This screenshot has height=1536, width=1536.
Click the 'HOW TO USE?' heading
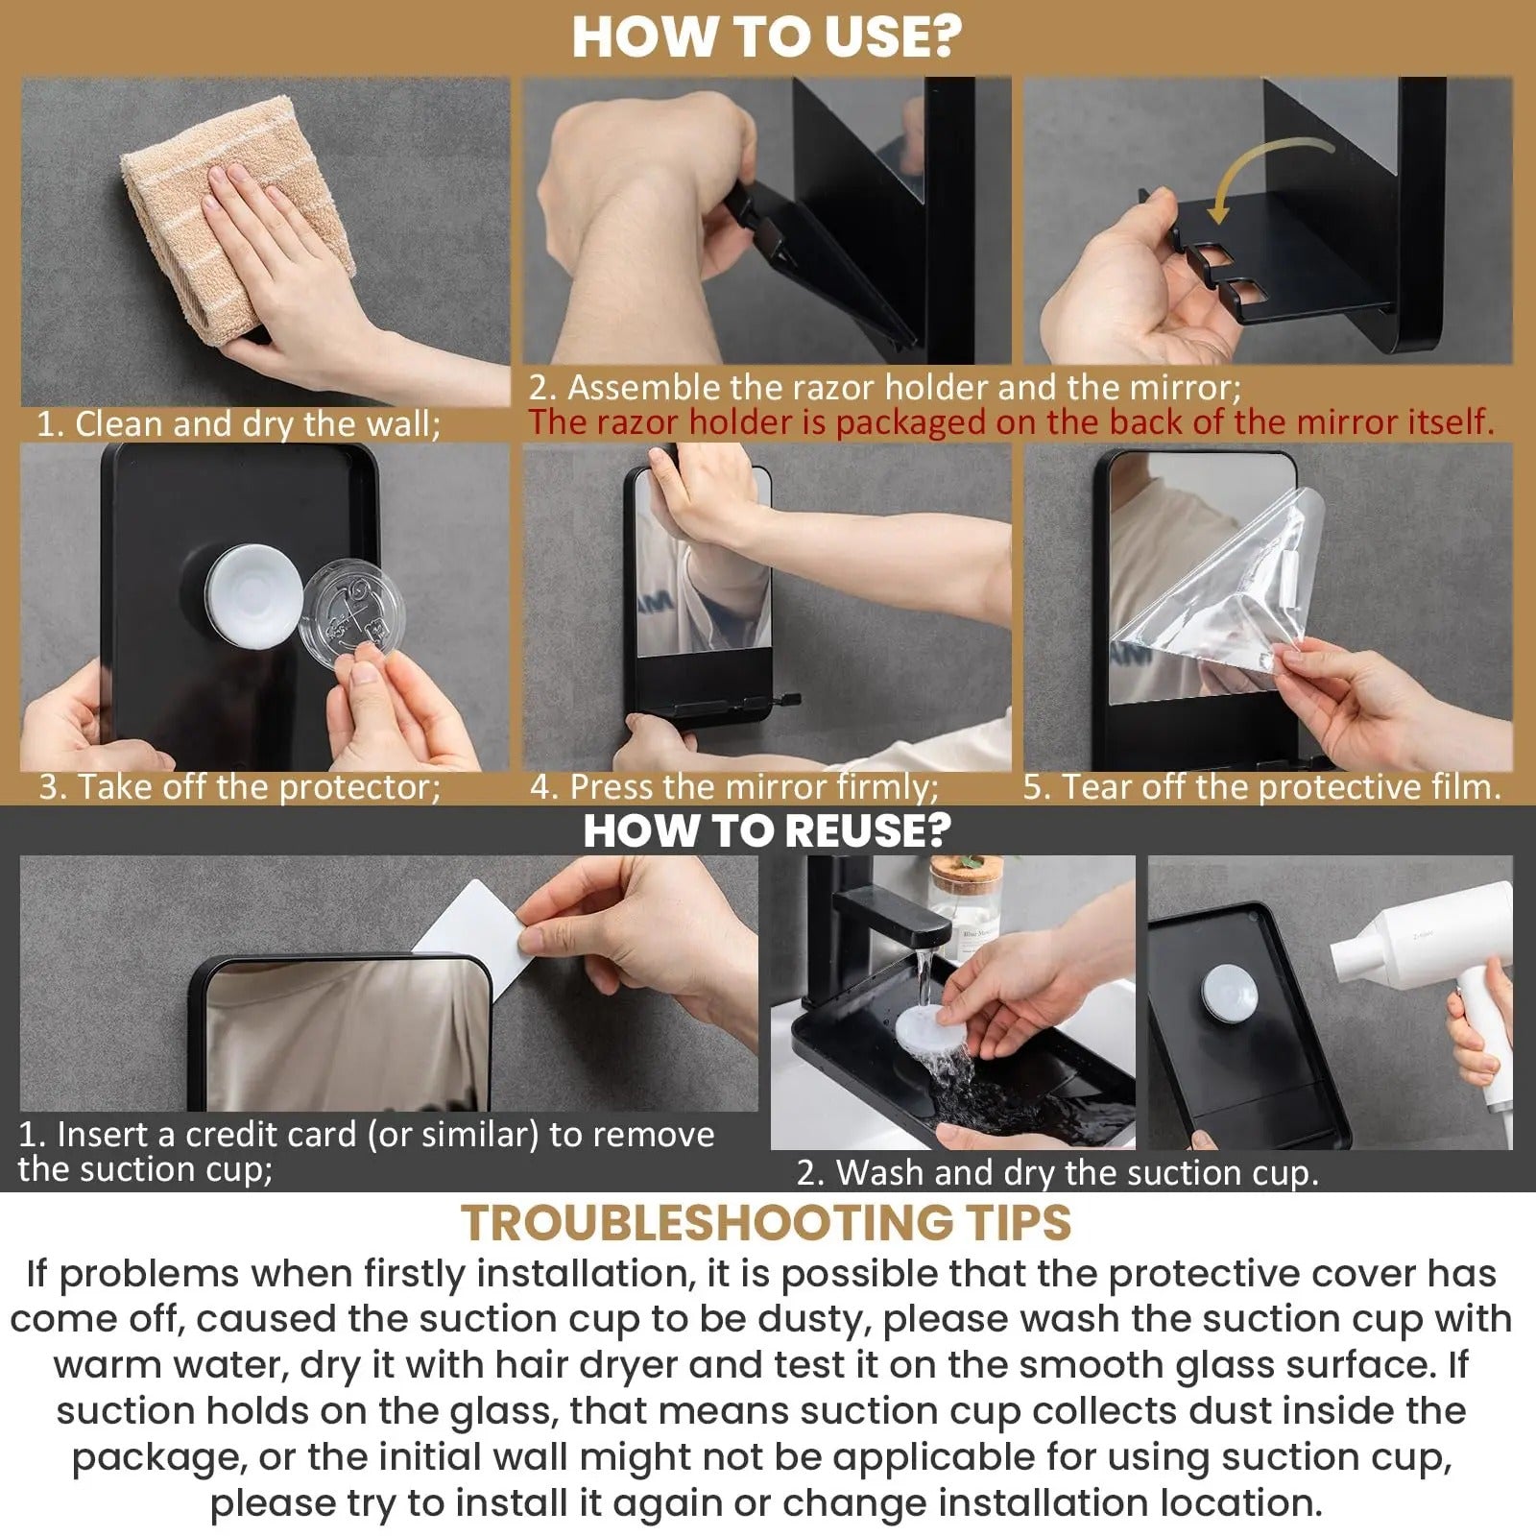(766, 36)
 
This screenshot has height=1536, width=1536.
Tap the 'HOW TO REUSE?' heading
(766, 829)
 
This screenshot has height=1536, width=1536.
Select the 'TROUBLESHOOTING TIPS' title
(766, 1222)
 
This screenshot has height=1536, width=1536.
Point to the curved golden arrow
(1267, 173)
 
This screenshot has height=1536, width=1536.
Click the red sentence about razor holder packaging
(1010, 421)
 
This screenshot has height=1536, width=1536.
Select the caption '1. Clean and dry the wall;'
(238, 423)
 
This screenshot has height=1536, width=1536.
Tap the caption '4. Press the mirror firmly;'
(734, 786)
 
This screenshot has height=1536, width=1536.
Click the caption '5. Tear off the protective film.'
(1261, 786)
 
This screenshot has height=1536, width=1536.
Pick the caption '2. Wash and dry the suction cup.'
(1057, 1172)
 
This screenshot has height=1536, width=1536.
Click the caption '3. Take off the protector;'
(240, 786)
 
